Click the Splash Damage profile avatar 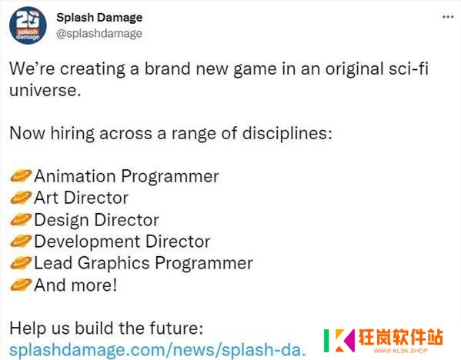[x=28, y=25]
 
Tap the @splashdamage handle [x=99, y=34]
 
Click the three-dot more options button [x=448, y=17]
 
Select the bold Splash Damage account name [x=99, y=18]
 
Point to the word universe [x=45, y=90]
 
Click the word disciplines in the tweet [x=287, y=133]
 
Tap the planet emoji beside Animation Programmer [x=21, y=176]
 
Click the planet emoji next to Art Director [x=21, y=198]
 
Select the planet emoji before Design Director [x=21, y=219]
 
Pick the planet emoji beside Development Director [x=21, y=242]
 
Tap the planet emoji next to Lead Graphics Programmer [x=21, y=263]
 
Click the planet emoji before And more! [x=21, y=285]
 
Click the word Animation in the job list [x=75, y=176]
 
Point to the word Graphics [x=114, y=263]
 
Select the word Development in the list [x=87, y=242]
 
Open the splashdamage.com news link [x=157, y=350]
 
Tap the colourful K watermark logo [x=339, y=340]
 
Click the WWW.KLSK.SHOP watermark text [x=400, y=351]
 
